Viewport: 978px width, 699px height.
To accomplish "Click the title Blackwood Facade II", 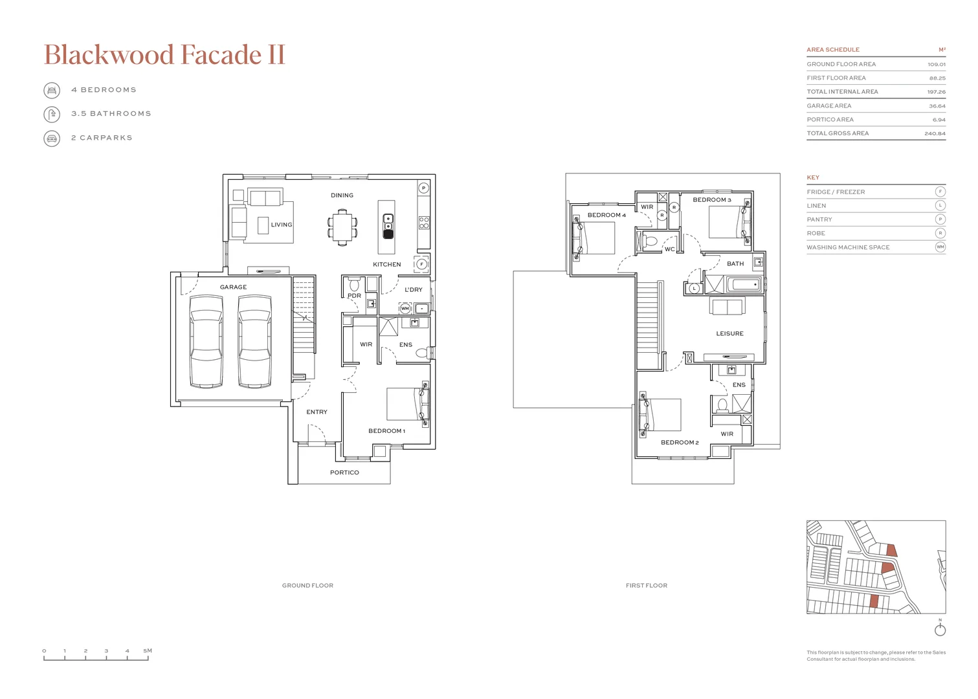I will point(164,55).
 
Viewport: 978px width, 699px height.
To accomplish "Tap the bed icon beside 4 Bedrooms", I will point(52,90).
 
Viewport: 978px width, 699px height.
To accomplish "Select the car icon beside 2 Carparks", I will point(52,138).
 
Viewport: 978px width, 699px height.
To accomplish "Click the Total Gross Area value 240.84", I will point(935,134).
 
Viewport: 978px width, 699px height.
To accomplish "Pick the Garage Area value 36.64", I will point(937,106).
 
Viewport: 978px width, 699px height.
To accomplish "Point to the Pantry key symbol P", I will point(940,219).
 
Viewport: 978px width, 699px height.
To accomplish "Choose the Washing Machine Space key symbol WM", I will point(940,247).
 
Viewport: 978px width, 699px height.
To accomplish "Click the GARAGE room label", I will point(233,287).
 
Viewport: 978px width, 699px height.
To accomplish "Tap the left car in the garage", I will point(206,341).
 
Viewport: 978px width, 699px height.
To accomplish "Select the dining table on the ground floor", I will point(342,227).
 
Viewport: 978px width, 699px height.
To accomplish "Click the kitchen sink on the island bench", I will point(388,222).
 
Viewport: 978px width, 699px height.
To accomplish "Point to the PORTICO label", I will point(344,472).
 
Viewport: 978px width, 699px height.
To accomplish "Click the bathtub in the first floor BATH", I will point(744,285).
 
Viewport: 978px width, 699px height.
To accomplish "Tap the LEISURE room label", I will point(729,334).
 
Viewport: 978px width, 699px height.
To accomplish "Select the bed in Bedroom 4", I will point(595,238).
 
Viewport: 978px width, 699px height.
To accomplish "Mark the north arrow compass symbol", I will point(940,629).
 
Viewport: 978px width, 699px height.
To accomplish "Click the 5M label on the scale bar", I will point(148,650).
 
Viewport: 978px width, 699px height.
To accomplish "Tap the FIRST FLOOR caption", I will point(646,586).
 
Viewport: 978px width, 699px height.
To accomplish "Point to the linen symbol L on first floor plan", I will point(694,289).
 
